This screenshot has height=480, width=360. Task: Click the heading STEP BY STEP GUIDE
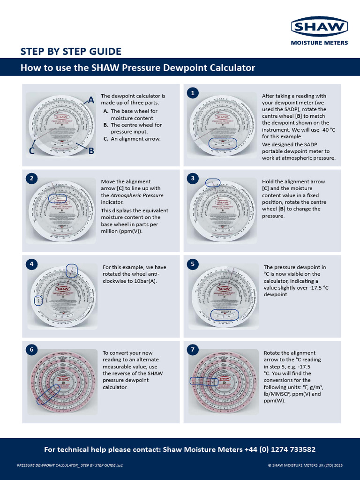71,52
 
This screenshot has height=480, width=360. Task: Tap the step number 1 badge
192,93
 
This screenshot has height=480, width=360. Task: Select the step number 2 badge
31,178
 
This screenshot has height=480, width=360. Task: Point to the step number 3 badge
192,178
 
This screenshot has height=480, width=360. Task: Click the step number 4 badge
31,264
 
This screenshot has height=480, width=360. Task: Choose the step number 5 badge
192,264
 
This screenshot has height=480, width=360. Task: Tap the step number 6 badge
31,350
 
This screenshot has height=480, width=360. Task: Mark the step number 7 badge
192,350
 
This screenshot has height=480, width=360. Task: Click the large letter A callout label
90,100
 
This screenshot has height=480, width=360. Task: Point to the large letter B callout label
91,151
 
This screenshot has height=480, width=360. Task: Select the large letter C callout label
32,151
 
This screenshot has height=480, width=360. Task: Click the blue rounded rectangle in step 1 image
222,144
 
